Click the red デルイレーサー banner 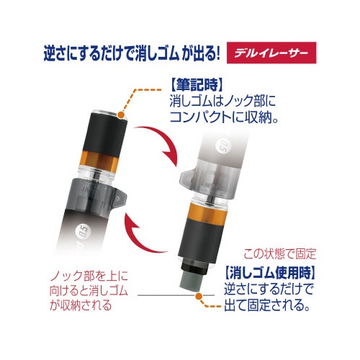point(271,53)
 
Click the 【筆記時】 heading point(197,85)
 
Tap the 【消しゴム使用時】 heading point(269,273)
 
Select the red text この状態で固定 point(280,254)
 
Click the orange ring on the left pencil point(99,159)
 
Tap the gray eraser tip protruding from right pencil point(192,279)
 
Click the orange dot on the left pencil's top point(121,115)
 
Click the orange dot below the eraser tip point(199,296)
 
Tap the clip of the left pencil point(119,197)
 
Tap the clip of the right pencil point(186,179)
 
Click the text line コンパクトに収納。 point(224,117)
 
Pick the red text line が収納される point(81,305)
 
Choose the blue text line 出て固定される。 point(267,305)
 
